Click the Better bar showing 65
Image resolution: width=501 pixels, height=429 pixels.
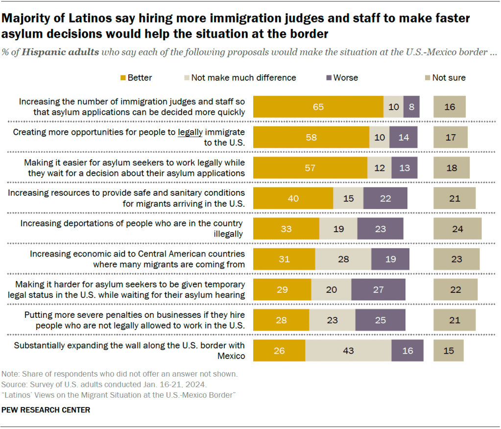point(318,107)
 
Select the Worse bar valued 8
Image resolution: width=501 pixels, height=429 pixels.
point(411,107)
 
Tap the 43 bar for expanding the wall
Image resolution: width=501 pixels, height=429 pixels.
point(348,351)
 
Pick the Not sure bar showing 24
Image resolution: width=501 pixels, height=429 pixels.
point(457,229)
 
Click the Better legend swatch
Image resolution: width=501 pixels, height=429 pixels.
point(123,77)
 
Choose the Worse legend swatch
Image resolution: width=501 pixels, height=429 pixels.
point(329,77)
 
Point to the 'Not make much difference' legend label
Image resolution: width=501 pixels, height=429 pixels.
point(243,77)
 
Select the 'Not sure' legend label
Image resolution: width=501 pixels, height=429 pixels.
point(449,77)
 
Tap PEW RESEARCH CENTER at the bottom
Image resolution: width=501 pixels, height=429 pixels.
point(46,410)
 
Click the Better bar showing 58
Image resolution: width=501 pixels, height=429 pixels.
point(311,137)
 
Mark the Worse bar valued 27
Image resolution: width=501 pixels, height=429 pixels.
point(378,289)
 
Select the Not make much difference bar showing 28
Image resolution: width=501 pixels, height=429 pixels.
point(343,259)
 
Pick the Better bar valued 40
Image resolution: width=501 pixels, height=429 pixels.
point(293,198)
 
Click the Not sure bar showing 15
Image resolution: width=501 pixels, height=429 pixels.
point(448,351)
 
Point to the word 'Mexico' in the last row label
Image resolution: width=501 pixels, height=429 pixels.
point(231,356)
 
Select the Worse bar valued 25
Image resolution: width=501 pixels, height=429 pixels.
point(380,320)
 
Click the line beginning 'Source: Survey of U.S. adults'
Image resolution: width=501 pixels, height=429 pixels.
point(104,384)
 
